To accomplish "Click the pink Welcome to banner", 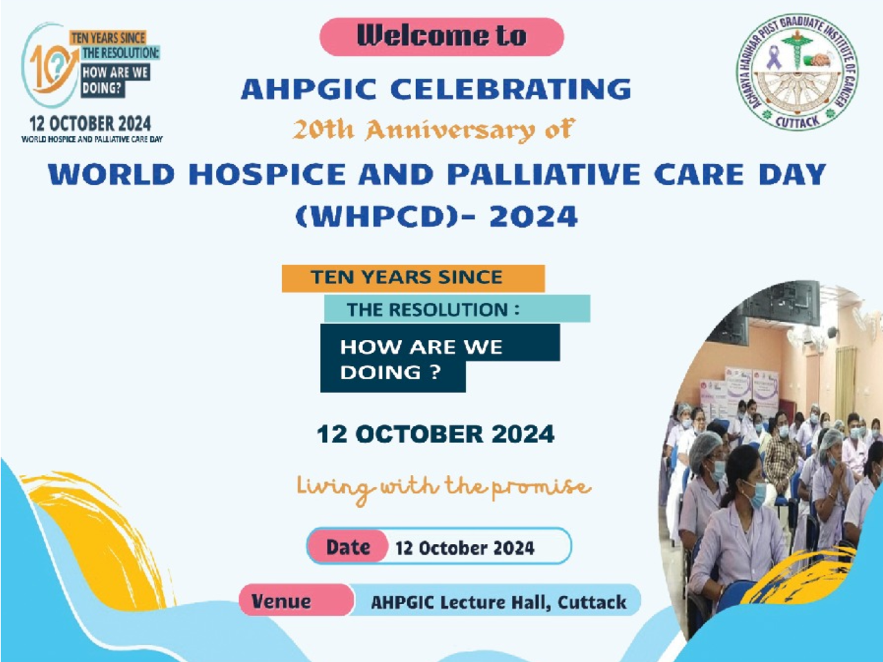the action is (441, 37).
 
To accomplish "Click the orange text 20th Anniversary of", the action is (434, 130).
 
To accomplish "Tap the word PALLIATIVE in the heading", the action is (543, 174).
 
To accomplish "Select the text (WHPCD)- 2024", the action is (437, 217).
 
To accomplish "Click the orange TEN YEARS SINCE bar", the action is (413, 278).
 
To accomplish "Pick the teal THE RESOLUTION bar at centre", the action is (457, 309).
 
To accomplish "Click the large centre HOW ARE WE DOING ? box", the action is (439, 358).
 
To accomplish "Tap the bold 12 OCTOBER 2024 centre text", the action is (436, 434).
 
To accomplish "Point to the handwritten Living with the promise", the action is (444, 488).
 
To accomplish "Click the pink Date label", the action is (347, 547).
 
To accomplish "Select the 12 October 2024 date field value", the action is (465, 548).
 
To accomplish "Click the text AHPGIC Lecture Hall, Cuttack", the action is (499, 602).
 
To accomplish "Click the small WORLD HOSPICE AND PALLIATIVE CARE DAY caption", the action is (92, 139).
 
